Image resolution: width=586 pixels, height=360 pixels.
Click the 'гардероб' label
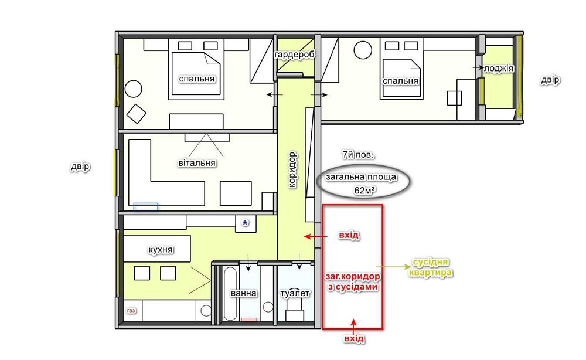(295, 55)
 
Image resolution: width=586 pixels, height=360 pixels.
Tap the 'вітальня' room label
(196, 163)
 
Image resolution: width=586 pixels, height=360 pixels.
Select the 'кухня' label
(161, 250)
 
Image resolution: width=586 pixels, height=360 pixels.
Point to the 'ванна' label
(243, 293)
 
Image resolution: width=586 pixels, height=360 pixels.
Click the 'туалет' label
(295, 294)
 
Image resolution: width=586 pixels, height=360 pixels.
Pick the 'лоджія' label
(498, 69)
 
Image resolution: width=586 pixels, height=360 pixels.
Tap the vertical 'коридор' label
(292, 169)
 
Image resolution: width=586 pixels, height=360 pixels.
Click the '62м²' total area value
(364, 191)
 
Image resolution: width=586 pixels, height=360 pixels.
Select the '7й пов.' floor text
(358, 154)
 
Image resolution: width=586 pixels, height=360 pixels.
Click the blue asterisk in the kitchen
(245, 223)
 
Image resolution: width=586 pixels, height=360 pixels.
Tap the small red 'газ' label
(131, 311)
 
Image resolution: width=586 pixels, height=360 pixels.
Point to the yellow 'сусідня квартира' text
(430, 268)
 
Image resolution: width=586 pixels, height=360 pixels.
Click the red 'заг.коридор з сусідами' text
(353, 281)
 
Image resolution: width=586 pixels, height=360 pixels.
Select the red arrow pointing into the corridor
(316, 236)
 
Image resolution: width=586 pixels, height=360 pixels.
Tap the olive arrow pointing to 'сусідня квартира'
(393, 267)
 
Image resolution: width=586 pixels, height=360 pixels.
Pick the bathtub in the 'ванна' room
(230, 294)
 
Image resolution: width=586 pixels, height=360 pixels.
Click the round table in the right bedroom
(363, 50)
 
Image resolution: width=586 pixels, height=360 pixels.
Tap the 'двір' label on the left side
(80, 167)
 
